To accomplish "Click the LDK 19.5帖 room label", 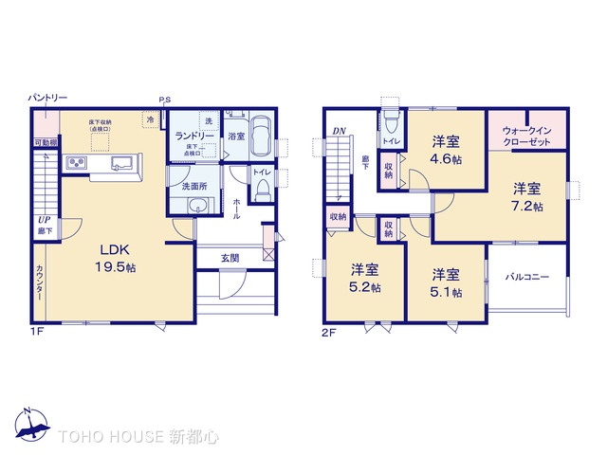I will pos(119,258).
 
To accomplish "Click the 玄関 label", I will pos(230,257).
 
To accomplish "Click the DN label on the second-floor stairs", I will pos(339,132).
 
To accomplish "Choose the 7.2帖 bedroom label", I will pos(528,195).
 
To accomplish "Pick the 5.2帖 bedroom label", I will pos(364,277).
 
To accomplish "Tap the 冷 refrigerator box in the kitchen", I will pos(150,119).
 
